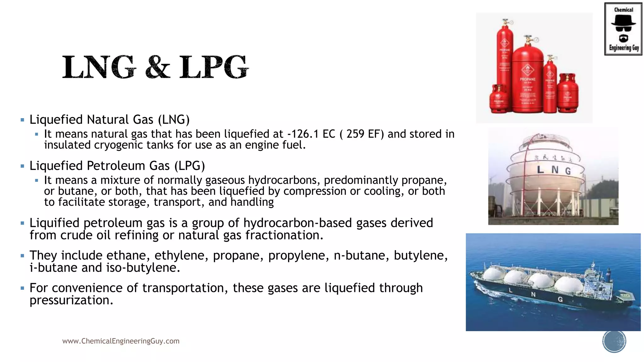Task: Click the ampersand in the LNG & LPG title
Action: (158, 67)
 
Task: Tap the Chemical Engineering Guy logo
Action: (623, 29)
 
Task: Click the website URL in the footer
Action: (121, 341)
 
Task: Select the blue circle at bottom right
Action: (614, 341)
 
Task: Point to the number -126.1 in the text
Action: (303, 134)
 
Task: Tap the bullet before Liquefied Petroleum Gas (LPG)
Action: (22, 166)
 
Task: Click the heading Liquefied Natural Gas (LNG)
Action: (109, 120)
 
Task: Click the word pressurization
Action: (71, 300)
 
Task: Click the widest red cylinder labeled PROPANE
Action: (527, 79)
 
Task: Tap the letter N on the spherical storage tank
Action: (555, 170)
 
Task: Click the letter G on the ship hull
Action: (560, 299)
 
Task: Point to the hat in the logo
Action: (623, 21)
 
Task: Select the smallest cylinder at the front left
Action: (499, 99)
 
